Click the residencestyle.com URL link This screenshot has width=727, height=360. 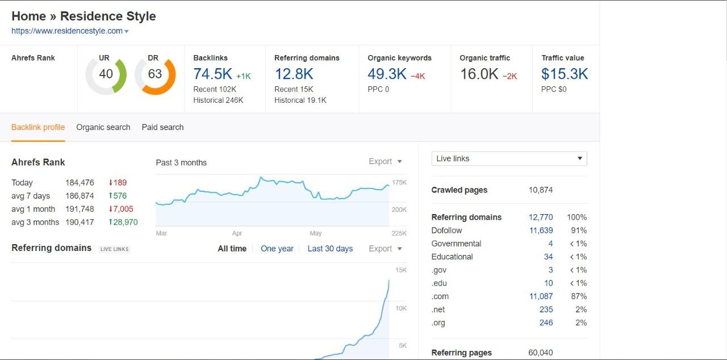click(67, 31)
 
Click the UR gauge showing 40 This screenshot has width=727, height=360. click(106, 75)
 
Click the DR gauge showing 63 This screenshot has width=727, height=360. click(154, 75)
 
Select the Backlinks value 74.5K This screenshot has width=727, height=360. click(213, 74)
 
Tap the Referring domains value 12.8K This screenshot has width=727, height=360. click(294, 74)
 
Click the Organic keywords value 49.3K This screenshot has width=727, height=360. click(387, 74)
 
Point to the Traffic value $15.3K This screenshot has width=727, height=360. click(564, 74)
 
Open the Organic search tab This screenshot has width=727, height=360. click(103, 127)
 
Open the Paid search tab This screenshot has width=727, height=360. click(162, 127)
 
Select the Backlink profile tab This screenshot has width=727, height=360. click(38, 127)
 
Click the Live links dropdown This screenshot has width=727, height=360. click(509, 158)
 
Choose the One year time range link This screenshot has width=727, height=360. click(277, 249)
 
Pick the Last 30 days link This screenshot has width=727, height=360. click(330, 249)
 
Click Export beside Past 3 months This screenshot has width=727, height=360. click(385, 162)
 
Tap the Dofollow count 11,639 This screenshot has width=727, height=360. click(541, 231)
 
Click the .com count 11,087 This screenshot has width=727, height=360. click(541, 296)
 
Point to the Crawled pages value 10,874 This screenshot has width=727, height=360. click(540, 190)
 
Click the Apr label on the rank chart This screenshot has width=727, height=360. click(237, 233)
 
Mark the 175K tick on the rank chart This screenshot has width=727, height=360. click(399, 182)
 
